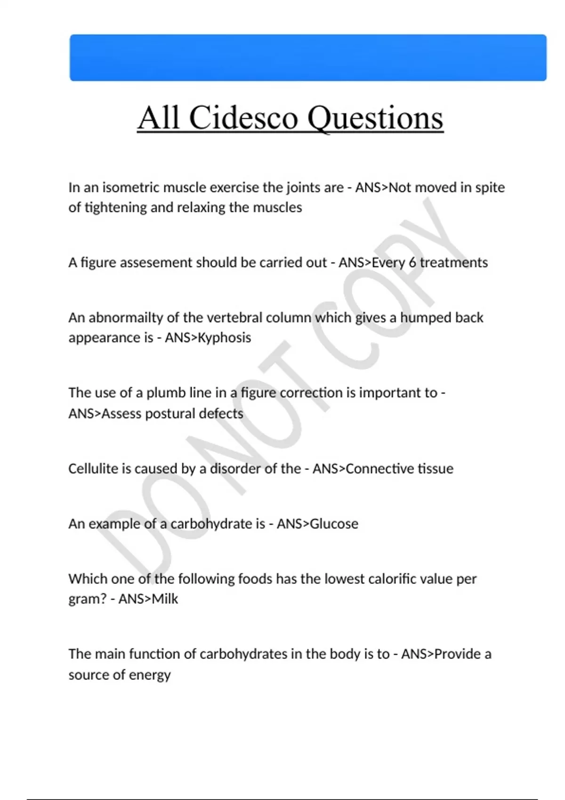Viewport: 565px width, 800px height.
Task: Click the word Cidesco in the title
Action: (x=243, y=117)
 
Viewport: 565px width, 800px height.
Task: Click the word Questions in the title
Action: (x=375, y=117)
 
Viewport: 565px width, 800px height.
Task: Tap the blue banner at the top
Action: (x=308, y=57)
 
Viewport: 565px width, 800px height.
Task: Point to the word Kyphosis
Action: (x=224, y=337)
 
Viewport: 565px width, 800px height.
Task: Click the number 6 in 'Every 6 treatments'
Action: (x=412, y=262)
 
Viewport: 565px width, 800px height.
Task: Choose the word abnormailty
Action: (x=126, y=318)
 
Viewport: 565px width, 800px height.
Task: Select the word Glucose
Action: (x=334, y=523)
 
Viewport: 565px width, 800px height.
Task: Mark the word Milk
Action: (x=165, y=599)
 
